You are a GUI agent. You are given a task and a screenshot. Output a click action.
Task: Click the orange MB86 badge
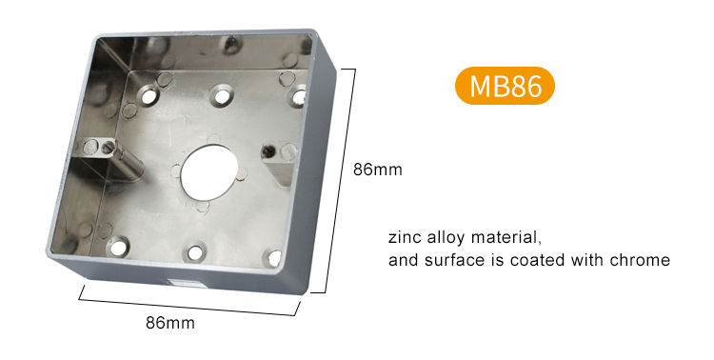click(x=505, y=86)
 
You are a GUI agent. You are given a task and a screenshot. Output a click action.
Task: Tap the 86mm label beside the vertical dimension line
click(x=378, y=170)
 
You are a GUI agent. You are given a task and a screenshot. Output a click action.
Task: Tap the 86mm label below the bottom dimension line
click(x=170, y=323)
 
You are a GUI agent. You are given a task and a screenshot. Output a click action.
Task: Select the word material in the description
click(x=505, y=237)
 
